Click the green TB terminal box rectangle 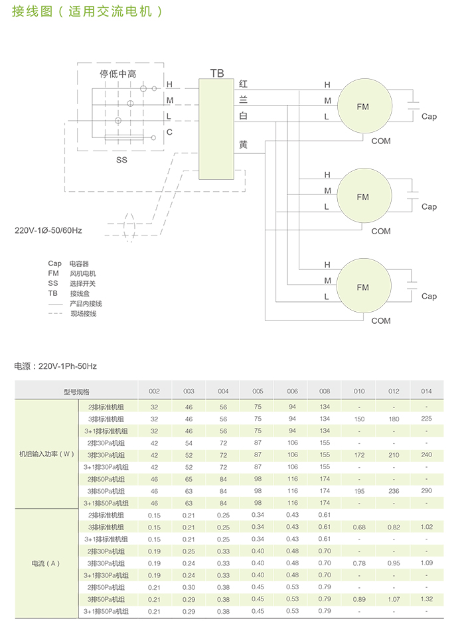click(x=216, y=129)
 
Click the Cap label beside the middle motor click(x=429, y=206)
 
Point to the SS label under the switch click(x=121, y=160)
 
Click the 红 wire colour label click(x=243, y=84)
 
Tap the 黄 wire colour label click(x=243, y=145)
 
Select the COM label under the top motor click(x=381, y=141)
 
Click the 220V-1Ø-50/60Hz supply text click(x=48, y=231)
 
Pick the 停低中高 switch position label click(x=118, y=74)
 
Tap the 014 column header click(x=426, y=391)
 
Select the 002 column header click(x=154, y=391)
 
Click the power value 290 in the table click(x=426, y=490)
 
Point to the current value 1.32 click(x=426, y=598)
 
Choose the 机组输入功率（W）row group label click(x=46, y=454)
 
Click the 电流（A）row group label click(x=46, y=563)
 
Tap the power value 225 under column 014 click(x=426, y=419)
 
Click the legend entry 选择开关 click(x=83, y=283)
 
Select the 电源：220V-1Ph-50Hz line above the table click(x=56, y=366)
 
